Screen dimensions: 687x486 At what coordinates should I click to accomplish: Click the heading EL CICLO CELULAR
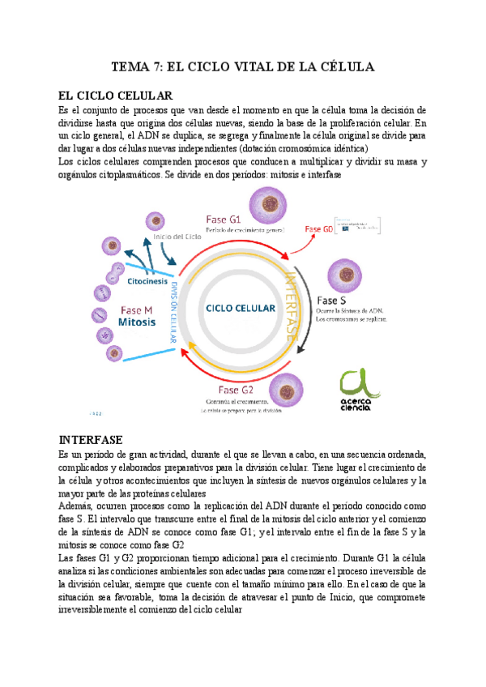point(117,96)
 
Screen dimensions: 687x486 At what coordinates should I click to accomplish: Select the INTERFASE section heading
point(91,440)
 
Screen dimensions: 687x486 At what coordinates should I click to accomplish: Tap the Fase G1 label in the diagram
point(224,219)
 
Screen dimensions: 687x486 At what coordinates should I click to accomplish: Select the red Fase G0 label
point(319,229)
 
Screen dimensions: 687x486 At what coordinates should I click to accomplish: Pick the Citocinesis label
point(145,281)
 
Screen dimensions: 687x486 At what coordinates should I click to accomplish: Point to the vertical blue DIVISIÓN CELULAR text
point(173,309)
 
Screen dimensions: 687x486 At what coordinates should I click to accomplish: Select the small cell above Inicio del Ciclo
point(154,220)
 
